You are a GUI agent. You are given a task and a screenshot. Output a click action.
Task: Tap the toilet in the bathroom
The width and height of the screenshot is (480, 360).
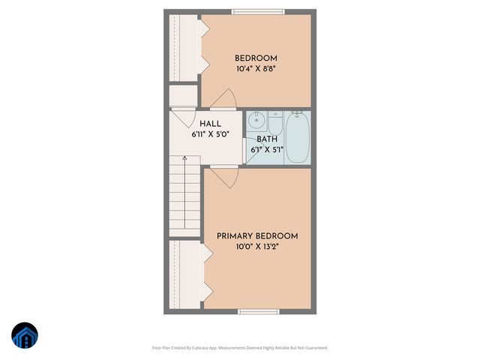[274, 124]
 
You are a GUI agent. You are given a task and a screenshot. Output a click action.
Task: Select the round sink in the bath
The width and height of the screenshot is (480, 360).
[256, 120]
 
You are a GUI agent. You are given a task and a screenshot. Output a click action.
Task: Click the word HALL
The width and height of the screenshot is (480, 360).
[209, 124]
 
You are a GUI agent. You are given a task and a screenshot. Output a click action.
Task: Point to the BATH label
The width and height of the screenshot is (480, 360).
[267, 139]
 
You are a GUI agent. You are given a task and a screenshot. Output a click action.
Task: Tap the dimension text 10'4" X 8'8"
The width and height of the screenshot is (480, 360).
[256, 68]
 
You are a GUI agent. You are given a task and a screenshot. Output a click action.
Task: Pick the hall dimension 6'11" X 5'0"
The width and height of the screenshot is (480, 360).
[209, 134]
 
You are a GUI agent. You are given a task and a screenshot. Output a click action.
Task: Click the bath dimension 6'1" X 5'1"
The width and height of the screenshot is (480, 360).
[267, 149]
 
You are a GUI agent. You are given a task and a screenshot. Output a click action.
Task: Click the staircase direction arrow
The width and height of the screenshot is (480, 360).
[184, 161]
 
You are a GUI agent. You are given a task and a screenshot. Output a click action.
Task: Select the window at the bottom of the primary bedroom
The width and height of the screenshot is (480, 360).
[258, 311]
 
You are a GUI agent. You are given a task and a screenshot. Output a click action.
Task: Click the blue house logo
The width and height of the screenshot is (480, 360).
[24, 337]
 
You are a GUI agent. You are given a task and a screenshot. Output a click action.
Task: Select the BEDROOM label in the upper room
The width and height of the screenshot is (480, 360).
[256, 58]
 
